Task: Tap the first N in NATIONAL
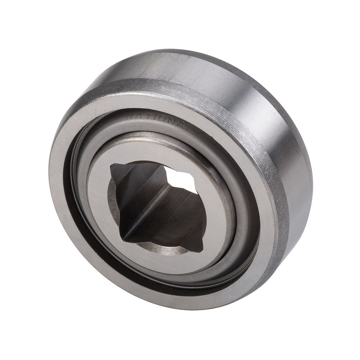coord(130,116)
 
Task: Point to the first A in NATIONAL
coord(138,116)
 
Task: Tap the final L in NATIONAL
coord(188,129)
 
